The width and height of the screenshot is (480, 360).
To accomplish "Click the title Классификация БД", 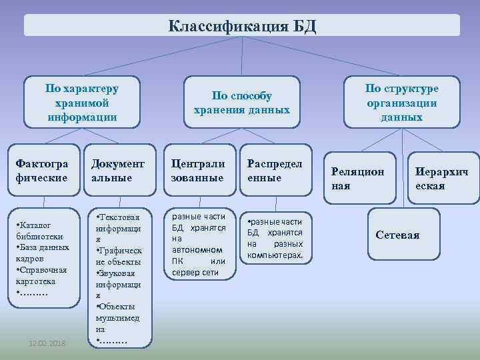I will point(242,27).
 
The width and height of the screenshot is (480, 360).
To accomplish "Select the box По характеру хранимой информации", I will point(82,103).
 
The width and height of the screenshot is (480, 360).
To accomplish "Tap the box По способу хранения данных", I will point(242,103).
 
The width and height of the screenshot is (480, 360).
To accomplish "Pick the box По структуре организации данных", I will point(401,103).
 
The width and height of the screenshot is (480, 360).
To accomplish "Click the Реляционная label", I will point(358,178).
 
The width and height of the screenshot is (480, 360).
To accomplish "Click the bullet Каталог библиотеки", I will point(39,231).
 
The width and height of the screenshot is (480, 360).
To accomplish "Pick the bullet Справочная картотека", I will point(39,275).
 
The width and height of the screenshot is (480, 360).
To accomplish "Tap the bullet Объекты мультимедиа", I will point(117,317).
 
